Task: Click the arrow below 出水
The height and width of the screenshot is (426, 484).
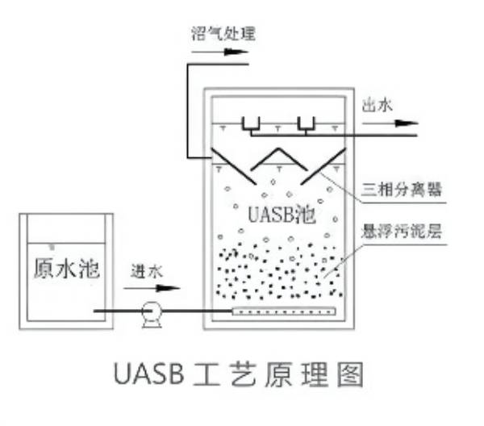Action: point(390,123)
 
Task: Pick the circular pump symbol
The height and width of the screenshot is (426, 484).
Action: point(150,311)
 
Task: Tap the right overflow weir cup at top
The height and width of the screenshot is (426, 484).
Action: point(307,124)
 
